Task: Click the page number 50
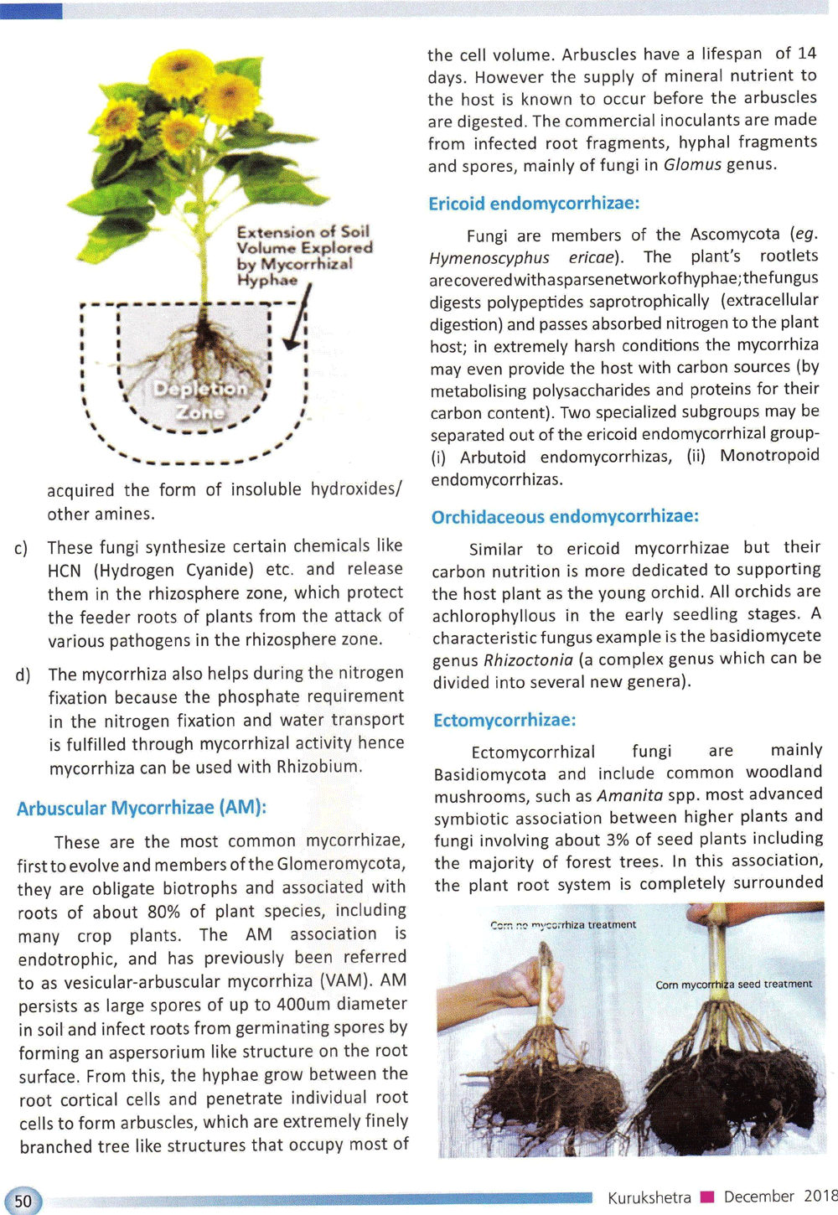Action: coord(23,1201)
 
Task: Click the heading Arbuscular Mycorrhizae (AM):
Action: coord(142,809)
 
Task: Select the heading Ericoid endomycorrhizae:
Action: coord(534,204)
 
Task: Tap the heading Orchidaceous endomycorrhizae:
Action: coord(565,516)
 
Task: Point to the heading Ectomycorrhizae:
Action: coord(504,720)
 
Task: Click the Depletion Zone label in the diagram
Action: coord(200,401)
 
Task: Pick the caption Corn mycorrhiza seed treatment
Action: coord(733,984)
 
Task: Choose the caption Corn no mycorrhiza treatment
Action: coord(563,925)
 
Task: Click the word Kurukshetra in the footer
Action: coord(649,1197)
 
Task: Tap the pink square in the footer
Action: coord(706,1197)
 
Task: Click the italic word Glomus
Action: coord(692,164)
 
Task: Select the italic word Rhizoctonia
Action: coord(528,660)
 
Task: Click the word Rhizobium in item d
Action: coord(318,767)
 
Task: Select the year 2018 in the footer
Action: coord(820,1196)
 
